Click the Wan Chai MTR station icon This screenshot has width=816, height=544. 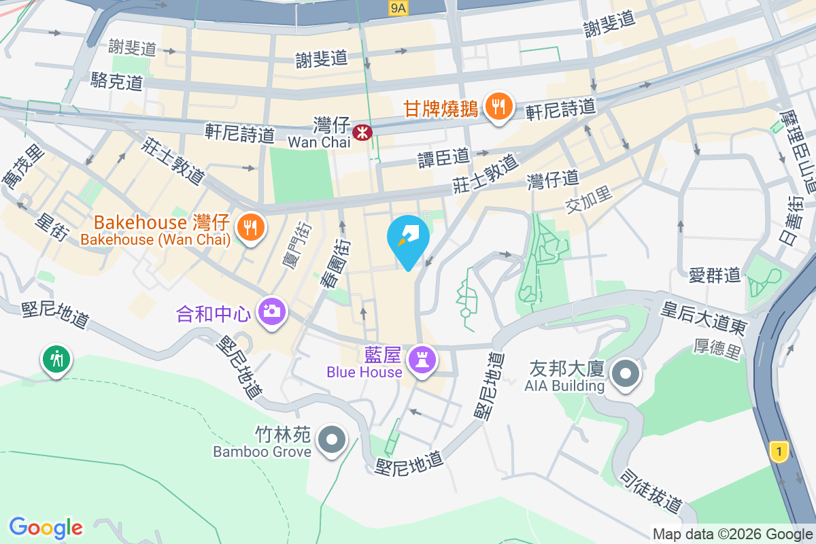[362, 131]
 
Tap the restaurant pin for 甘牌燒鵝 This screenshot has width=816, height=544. [500, 107]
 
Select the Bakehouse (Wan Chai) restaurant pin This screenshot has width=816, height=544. [250, 227]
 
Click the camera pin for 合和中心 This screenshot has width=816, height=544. [271, 312]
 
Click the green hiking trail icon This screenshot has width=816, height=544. [55, 358]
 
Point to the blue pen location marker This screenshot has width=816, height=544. [408, 240]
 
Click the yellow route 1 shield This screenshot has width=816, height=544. [779, 450]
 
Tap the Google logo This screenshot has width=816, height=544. [46, 528]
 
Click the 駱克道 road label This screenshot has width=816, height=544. [117, 82]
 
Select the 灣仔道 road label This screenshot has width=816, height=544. [553, 180]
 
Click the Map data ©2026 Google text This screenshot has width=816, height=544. [733, 534]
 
